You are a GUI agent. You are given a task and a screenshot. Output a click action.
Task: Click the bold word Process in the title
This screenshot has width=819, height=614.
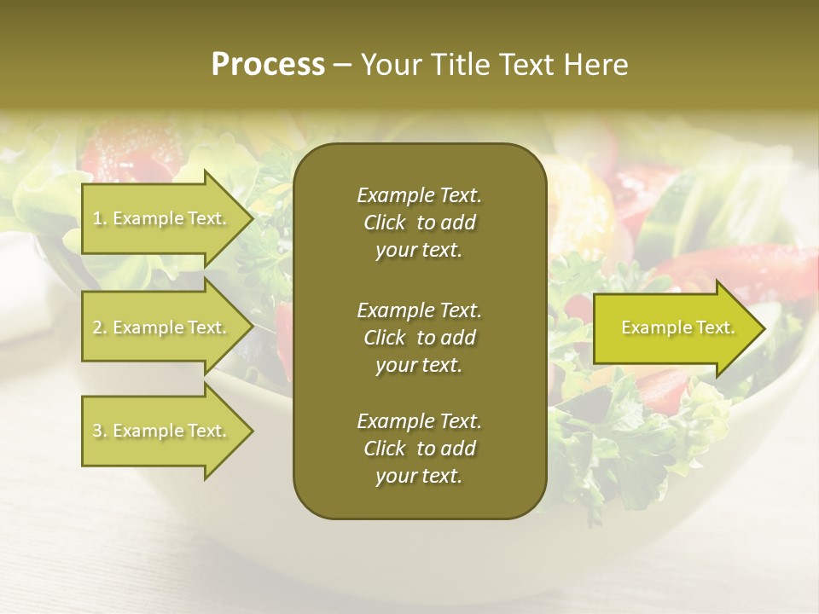pos(268,65)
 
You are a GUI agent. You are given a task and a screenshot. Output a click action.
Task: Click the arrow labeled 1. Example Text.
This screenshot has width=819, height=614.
pos(162,218)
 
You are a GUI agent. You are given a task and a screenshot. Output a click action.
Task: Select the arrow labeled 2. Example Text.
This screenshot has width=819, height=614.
pos(162,327)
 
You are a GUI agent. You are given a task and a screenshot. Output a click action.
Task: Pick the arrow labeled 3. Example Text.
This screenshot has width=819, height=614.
pos(162,431)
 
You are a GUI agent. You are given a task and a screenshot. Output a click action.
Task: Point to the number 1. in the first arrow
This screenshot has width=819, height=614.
pos(100,218)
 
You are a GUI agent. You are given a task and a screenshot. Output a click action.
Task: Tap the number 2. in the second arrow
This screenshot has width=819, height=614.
pos(100,327)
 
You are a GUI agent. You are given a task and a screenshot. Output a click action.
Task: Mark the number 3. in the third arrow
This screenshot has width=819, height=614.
pos(100,431)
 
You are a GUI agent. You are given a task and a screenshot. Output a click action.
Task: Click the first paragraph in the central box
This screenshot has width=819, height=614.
pos(419,223)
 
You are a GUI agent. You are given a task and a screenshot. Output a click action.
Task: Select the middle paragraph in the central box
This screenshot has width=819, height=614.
pos(419,338)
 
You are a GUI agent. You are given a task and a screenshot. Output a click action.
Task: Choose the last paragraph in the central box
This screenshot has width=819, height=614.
pos(419,449)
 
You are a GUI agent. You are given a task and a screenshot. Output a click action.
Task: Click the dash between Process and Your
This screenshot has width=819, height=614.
pos(343,65)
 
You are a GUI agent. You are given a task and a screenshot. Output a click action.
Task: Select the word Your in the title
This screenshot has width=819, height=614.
pos(390,65)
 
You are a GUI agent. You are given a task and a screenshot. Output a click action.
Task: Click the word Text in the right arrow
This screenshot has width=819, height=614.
pos(715,327)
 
